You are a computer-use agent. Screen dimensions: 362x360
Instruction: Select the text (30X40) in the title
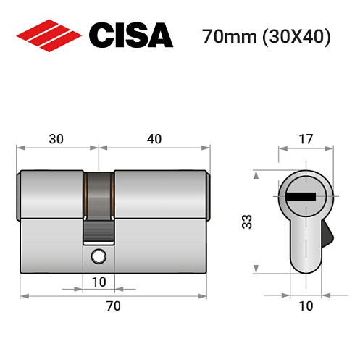pos(295,36)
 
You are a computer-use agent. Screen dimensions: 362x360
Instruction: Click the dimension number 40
pos(154,137)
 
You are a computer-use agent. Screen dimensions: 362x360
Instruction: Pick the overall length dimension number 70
pos(113,306)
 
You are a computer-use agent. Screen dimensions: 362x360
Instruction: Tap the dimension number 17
pos(305,137)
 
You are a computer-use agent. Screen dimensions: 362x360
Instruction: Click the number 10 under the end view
pos(306,306)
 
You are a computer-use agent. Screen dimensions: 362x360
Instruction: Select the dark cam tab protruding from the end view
pos(328,235)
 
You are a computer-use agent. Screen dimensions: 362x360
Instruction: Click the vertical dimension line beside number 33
pos(256,222)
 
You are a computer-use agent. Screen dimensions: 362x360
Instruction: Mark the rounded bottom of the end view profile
pos(306,266)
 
